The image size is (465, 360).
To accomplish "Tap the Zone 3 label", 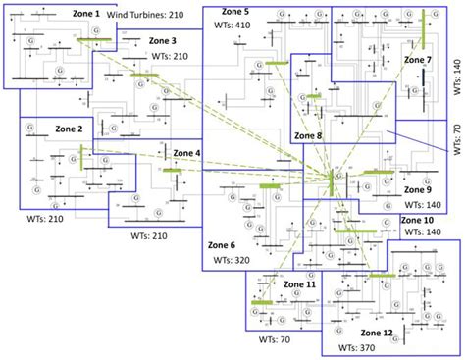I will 163,41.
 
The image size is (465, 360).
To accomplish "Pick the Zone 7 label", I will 416,60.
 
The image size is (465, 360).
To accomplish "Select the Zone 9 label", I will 415,189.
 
